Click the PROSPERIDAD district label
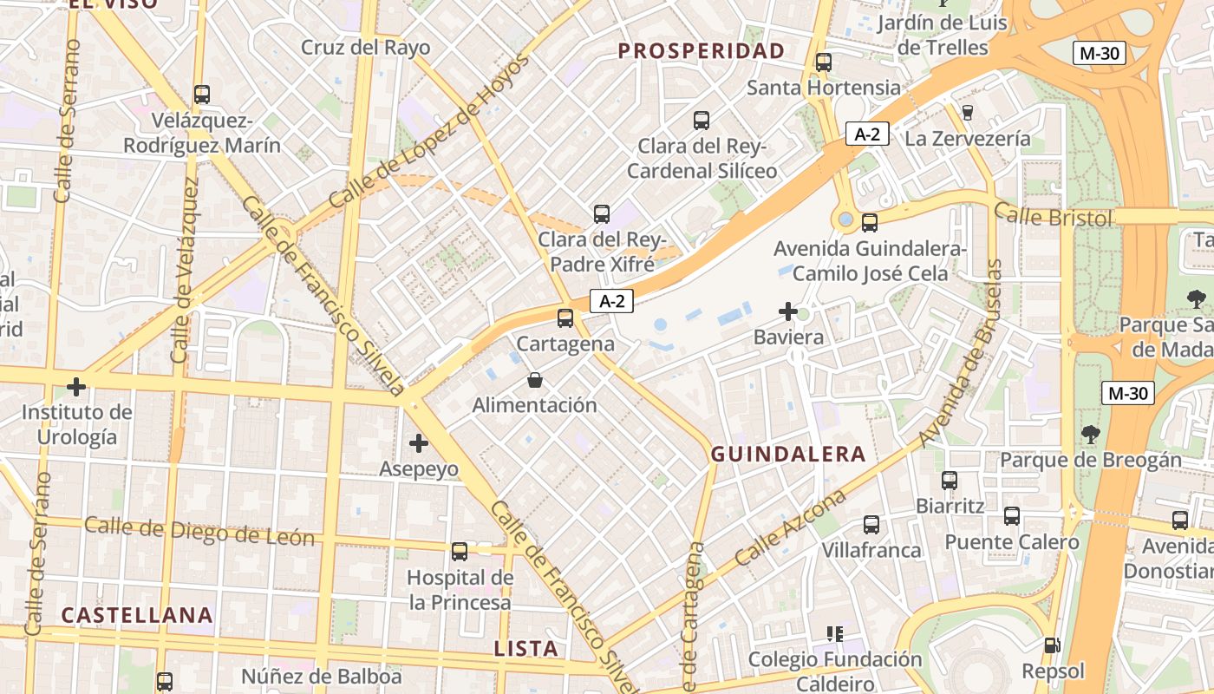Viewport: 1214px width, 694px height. click(701, 51)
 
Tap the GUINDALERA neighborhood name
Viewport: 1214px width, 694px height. click(788, 454)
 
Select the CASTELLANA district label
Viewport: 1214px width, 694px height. click(137, 615)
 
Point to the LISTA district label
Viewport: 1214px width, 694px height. click(525, 648)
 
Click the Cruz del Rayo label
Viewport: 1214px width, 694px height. click(365, 47)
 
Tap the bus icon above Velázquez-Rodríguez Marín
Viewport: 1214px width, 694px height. click(202, 95)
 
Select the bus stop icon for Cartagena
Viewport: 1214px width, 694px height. click(565, 318)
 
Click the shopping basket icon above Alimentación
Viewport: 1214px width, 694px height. click(535, 380)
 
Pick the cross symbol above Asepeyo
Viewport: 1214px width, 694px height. click(419, 443)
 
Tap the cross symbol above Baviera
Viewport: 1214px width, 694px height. click(788, 311)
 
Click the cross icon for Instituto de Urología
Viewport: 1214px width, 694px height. click(76, 387)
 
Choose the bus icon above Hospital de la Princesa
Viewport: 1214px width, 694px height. click(460, 551)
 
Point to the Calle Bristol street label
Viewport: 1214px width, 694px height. click(1053, 214)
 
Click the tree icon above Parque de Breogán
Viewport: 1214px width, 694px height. click(1090, 434)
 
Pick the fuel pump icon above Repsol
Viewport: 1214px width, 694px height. click(1053, 645)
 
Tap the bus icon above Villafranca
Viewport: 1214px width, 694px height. click(871, 525)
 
